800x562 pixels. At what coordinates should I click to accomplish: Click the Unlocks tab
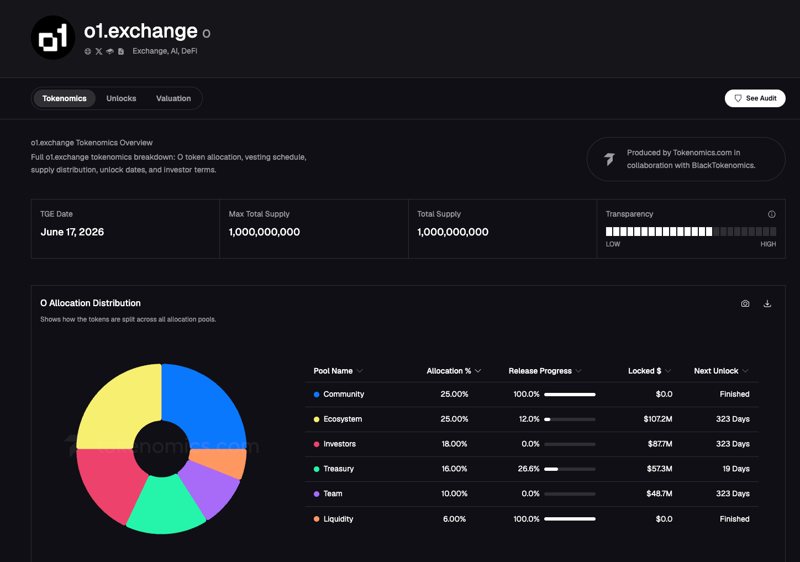[121, 98]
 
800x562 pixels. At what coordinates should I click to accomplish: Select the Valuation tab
[173, 98]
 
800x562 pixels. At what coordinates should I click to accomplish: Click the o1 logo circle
[53, 38]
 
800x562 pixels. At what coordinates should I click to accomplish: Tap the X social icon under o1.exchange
[98, 51]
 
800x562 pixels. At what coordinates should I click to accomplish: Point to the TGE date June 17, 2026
[72, 232]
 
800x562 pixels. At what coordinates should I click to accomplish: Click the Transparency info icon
[771, 214]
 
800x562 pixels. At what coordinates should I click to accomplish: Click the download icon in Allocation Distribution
[767, 303]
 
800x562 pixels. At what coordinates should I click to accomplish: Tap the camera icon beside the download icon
[745, 303]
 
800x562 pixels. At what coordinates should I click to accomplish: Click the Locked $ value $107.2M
[658, 419]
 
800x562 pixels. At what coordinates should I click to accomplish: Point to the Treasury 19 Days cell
[736, 469]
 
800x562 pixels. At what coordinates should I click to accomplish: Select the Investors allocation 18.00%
[454, 444]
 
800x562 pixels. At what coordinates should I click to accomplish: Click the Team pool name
[333, 493]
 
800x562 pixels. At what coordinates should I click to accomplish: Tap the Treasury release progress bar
[570, 469]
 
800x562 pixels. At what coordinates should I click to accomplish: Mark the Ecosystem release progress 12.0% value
[529, 419]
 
